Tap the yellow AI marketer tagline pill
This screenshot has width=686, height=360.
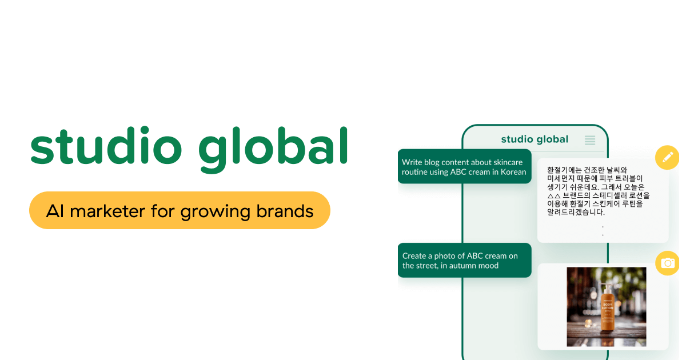point(180,210)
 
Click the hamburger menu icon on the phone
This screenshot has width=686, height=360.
point(590,139)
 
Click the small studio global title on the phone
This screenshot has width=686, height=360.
point(535,139)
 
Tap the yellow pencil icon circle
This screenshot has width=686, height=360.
point(667,158)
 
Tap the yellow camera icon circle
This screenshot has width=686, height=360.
point(667,263)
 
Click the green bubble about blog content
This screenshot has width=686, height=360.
point(464,167)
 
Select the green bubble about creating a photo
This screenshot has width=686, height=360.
point(464,261)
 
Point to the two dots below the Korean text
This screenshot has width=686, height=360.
point(603,231)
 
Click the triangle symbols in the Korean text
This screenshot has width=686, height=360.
point(553,195)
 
